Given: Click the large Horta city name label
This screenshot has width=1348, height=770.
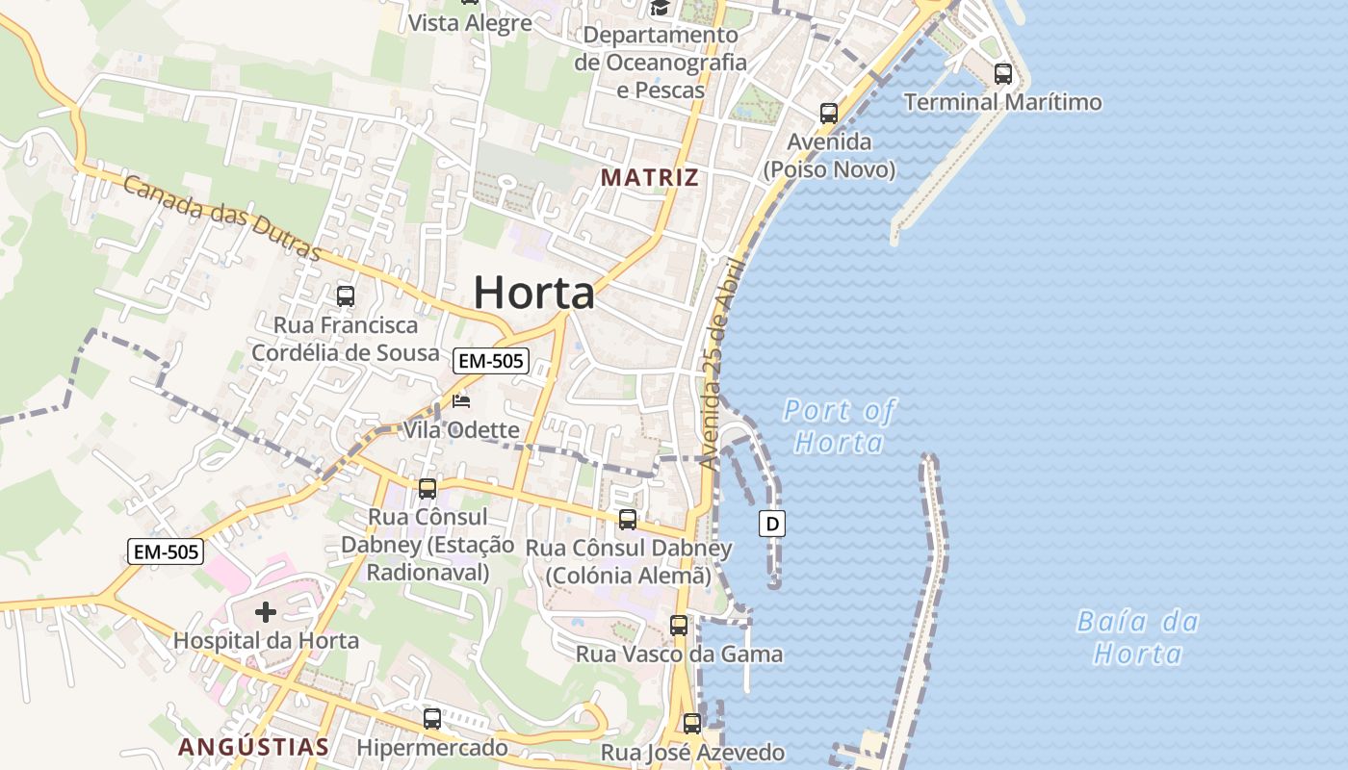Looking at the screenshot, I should [533, 292].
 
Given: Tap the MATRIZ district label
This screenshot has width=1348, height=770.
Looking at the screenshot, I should [650, 177].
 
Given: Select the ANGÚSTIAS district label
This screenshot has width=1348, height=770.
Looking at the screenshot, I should [254, 746].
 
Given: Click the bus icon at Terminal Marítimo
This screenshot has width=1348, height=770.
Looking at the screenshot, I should [1002, 73].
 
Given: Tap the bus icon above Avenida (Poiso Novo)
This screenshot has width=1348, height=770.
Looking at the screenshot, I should [828, 113].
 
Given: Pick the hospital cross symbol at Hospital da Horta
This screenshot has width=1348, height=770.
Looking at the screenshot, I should [266, 611].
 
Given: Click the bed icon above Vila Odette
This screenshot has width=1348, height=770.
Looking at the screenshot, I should [461, 400].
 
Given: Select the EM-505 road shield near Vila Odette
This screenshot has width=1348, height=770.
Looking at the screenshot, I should [491, 361].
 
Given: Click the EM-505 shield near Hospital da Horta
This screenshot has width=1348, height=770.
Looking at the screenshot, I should [167, 552].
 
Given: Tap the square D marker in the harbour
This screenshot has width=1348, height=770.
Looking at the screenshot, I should [772, 524].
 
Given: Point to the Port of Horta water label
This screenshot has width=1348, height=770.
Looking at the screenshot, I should [839, 426].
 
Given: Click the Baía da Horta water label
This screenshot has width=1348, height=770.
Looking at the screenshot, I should [1137, 637].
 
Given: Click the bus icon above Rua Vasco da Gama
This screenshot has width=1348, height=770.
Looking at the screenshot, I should [679, 625].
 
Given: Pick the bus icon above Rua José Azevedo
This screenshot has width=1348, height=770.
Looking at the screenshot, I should [691, 723].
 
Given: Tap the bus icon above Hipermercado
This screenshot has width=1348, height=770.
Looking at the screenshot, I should [432, 718].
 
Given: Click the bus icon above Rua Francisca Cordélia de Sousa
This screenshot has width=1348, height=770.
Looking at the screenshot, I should [345, 296].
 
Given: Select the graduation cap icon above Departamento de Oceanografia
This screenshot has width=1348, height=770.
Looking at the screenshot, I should [660, 9].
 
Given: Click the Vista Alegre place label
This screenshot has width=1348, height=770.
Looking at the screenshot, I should [470, 23].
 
